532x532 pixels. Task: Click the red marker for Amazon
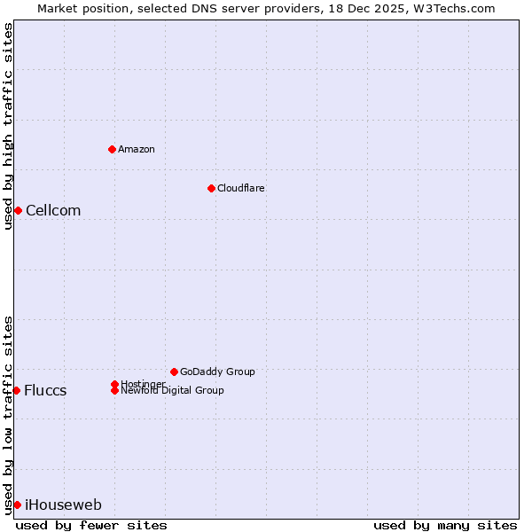point(112,149)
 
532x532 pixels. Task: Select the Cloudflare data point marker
point(211,188)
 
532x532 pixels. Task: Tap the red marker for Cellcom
point(18,210)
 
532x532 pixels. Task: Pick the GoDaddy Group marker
point(174,372)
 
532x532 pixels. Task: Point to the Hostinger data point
point(114,384)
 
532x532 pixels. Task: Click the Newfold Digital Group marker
point(114,390)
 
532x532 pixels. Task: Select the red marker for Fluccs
point(16,390)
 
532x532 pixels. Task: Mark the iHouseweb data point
point(17,505)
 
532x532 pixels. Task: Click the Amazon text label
point(137,149)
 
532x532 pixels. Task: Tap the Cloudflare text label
point(241,188)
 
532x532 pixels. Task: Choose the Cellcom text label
point(53,210)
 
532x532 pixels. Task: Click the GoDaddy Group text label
point(217,372)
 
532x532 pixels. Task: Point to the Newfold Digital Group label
point(172,391)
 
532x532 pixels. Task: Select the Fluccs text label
point(45,390)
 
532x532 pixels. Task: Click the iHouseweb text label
point(63,505)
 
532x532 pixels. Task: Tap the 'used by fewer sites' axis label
point(91,525)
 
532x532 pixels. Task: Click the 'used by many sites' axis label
point(445,525)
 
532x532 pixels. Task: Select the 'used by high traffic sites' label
point(8,126)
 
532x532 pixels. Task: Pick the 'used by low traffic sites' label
point(8,414)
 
